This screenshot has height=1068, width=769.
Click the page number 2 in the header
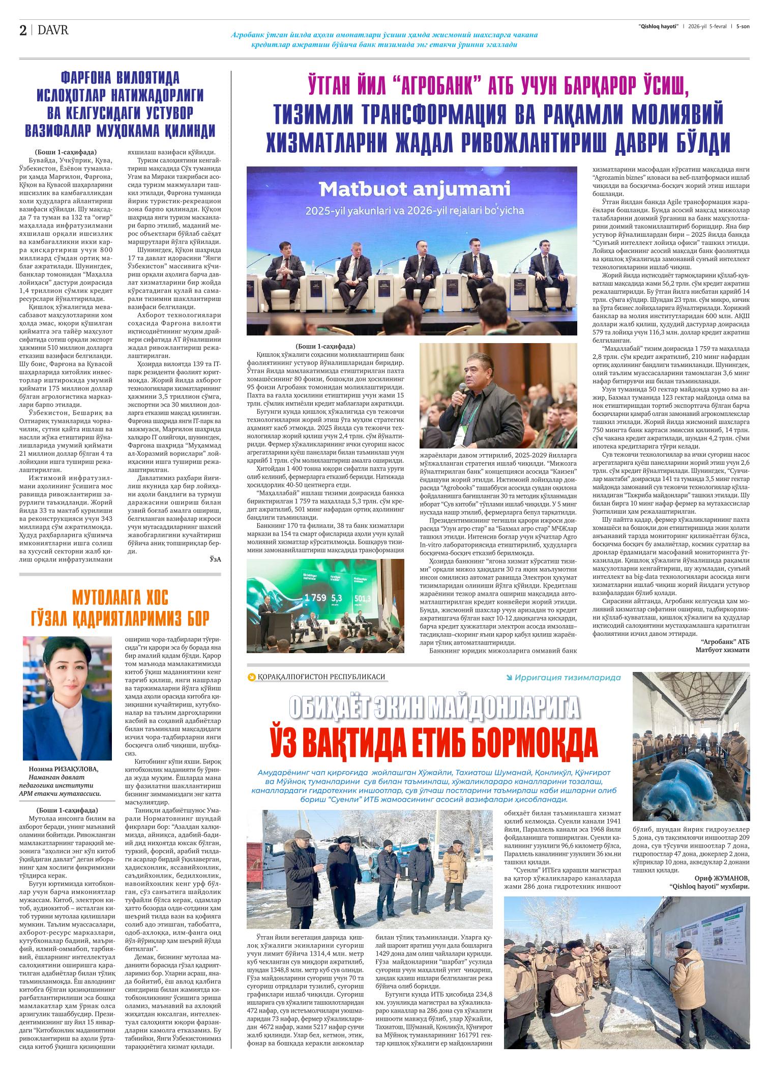tap(23, 31)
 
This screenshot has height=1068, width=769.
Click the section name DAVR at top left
tap(53, 31)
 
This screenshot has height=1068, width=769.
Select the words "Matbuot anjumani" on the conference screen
tap(415, 190)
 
